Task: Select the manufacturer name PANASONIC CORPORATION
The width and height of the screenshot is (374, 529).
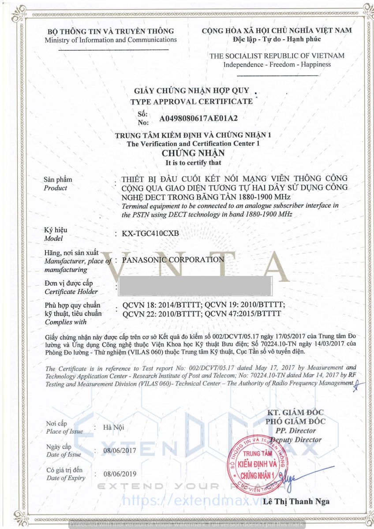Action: tap(173, 260)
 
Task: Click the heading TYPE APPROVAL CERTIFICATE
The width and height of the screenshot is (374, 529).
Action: tap(191, 101)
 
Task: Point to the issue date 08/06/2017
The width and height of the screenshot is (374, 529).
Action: tap(120, 451)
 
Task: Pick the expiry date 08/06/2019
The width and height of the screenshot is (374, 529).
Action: tap(120, 474)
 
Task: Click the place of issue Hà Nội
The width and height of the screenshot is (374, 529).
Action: tap(114, 427)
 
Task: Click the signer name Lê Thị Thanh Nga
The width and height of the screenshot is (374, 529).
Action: tap(296, 502)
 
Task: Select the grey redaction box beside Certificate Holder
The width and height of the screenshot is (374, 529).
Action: tap(194, 286)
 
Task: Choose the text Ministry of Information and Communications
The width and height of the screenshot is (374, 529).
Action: tap(111, 40)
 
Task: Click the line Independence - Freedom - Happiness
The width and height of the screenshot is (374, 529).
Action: tap(277, 64)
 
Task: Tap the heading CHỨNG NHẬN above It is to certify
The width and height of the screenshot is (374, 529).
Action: tap(193, 153)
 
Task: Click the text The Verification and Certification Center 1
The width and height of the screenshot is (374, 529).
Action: tap(193, 144)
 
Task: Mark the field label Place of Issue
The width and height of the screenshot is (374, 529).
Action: tap(64, 431)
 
